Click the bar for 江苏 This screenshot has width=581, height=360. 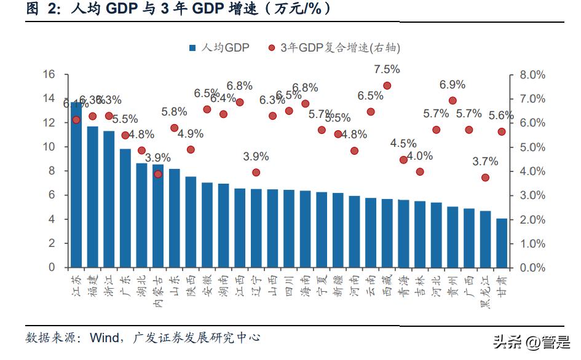coord(76,185)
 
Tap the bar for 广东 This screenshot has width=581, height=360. coord(125,208)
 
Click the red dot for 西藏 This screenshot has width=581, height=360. coord(387,86)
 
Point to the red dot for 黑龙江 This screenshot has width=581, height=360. coord(485,178)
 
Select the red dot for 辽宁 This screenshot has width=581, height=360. coord(256,173)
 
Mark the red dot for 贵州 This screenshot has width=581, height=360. coord(453,101)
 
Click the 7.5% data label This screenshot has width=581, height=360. coord(387,69)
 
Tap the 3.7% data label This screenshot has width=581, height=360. coord(485,162)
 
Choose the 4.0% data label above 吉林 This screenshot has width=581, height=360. coord(420,155)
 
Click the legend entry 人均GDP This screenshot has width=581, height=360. coord(219,48)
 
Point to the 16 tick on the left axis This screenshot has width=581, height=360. coord(49,74)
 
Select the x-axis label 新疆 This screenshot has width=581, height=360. coord(338,287)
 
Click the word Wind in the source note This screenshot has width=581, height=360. coord(106,338)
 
